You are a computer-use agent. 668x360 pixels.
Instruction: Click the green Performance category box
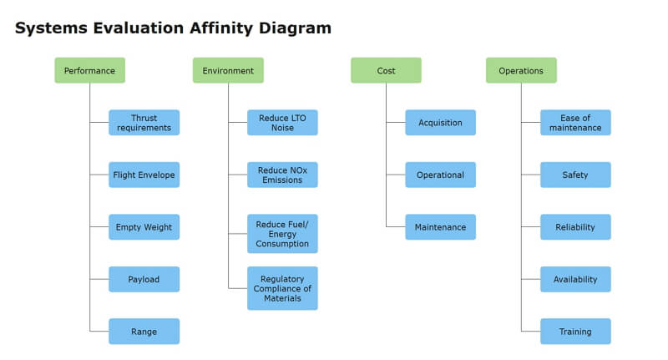(90, 70)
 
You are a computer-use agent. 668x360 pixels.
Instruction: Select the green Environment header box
(228, 70)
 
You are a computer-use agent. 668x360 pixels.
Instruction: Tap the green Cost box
(386, 70)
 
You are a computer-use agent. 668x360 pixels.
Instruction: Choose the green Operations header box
(521, 70)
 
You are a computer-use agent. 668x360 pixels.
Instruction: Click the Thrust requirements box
(144, 123)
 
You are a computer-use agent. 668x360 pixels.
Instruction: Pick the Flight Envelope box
(144, 175)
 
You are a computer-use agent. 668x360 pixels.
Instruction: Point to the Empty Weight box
(144, 227)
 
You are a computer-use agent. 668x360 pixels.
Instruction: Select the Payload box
(144, 279)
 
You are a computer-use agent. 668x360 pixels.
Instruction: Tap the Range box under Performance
(144, 332)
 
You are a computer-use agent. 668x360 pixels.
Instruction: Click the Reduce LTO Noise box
(282, 123)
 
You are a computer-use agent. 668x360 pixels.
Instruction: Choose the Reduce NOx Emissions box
(282, 175)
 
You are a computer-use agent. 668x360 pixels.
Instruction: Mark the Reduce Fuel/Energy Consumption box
(282, 234)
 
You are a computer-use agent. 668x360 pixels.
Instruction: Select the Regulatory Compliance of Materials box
(282, 288)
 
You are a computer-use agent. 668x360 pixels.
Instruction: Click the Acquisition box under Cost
(441, 123)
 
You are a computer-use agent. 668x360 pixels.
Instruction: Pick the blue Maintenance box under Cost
(441, 227)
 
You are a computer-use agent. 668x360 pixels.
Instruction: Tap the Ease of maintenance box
(575, 123)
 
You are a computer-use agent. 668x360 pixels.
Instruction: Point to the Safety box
(575, 175)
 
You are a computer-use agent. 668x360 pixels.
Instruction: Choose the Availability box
(575, 279)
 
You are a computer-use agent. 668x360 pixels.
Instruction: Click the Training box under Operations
(575, 332)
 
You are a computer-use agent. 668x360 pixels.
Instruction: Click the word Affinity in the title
(221, 28)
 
